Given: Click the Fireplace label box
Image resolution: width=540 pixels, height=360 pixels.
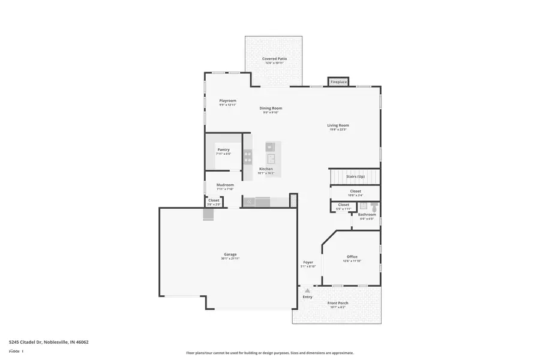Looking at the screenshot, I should (338, 82).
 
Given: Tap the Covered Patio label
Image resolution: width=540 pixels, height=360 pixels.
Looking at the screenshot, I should (274, 59).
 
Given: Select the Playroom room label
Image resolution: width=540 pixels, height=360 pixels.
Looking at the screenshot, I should (227, 100).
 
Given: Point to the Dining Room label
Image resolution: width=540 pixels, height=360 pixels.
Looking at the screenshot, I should (271, 108).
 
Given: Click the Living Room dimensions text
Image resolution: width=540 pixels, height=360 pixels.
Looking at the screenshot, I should (338, 130).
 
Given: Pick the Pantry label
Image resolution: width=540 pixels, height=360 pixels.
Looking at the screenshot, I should (223, 149).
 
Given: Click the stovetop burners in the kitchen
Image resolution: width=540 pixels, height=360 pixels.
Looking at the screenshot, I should (247, 157).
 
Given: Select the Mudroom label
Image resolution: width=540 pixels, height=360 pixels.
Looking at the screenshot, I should (225, 185).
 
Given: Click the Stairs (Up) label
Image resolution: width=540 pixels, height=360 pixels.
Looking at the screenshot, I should (356, 176).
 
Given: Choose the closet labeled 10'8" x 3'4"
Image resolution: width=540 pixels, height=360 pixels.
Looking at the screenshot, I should (356, 193).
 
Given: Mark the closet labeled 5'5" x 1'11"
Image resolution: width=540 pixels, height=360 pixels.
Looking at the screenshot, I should (343, 206).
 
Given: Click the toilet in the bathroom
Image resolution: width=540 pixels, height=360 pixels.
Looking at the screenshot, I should (374, 207).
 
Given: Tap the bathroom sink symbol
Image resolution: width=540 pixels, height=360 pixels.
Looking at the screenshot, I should (363, 206).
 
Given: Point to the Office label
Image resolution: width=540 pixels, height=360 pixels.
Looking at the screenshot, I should (352, 257).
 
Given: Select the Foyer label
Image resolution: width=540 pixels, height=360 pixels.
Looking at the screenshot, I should (308, 262).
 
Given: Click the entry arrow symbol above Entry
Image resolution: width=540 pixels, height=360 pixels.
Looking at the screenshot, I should (308, 291).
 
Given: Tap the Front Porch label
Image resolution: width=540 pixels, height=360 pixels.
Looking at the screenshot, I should (338, 303).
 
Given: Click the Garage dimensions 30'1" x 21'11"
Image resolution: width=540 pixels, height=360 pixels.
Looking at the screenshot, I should (230, 259).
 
